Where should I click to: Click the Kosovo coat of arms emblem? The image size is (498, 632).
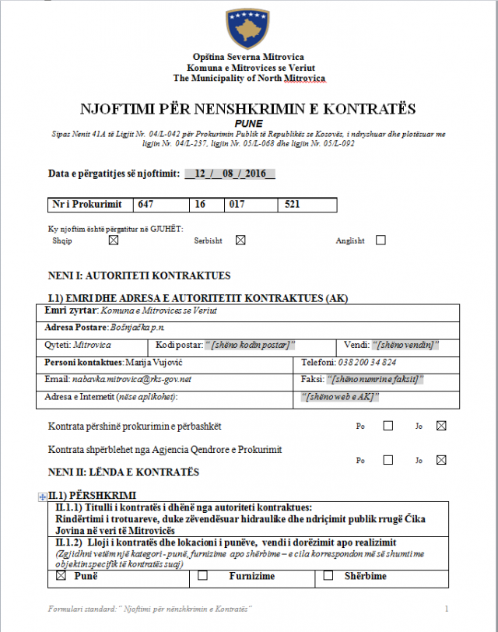point(248,28)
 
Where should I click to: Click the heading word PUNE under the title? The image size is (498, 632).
point(248,123)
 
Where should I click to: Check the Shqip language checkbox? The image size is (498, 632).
point(114,241)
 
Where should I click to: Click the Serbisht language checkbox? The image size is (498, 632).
point(240,241)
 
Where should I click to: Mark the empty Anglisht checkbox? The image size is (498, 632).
point(381,241)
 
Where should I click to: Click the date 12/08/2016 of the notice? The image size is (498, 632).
point(230,174)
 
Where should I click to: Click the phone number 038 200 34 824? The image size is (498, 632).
point(367,362)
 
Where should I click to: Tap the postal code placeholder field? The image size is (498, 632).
point(251,345)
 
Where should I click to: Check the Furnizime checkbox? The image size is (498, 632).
point(202,577)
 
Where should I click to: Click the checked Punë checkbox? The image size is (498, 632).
point(61,577)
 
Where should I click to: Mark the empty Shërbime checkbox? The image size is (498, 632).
point(328,577)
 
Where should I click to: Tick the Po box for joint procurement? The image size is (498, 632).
point(388,426)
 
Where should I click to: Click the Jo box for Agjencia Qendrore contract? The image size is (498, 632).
point(442,460)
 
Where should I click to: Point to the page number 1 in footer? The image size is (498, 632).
point(447,607)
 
